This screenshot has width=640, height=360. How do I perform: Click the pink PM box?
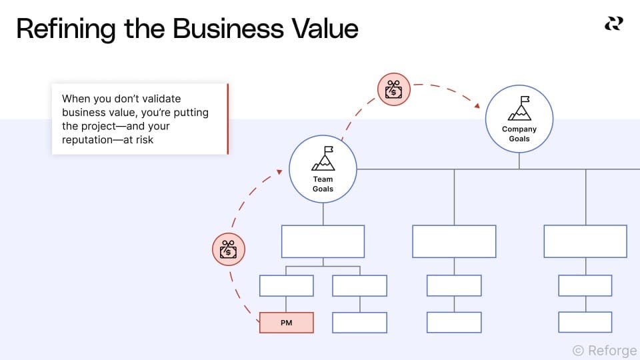pyautogui.click(x=286, y=323)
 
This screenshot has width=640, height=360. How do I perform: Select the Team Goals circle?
pyautogui.click(x=323, y=169)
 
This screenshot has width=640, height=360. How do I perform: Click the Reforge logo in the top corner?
pyautogui.click(x=613, y=24)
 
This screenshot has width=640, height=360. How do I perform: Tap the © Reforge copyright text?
pyautogui.click(x=604, y=350)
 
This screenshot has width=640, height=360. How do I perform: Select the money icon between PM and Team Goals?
pyautogui.click(x=229, y=249)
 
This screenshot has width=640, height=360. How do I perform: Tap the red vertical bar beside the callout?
pyautogui.click(x=228, y=119)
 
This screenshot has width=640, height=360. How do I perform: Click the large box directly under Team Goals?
pyautogui.click(x=323, y=241)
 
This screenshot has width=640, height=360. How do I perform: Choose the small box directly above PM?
pyautogui.click(x=286, y=285)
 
